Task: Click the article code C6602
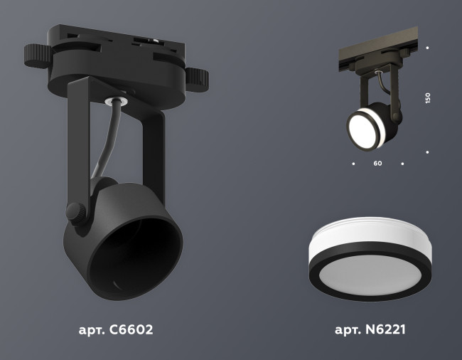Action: coord(116,330)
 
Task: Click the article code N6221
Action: coord(370,330)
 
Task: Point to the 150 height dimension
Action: coord(427,98)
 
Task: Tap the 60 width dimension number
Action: coord(377,164)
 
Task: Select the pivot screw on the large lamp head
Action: coord(73,211)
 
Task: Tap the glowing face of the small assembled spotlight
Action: coord(363,127)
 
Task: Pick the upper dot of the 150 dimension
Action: coord(427,48)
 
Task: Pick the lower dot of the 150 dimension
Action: coord(427,152)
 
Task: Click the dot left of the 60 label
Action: coord(353,164)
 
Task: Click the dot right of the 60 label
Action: coord(402,164)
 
